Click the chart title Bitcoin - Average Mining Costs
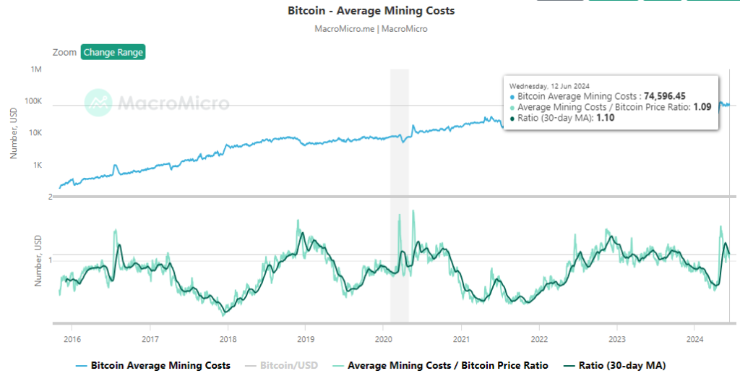371,11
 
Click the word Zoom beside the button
64,52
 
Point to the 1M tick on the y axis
36,69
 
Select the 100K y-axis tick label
34,101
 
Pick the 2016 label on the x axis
72,338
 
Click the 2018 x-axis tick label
228,338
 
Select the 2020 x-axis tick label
384,338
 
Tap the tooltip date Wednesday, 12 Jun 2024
551,83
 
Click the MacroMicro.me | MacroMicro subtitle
371,29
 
